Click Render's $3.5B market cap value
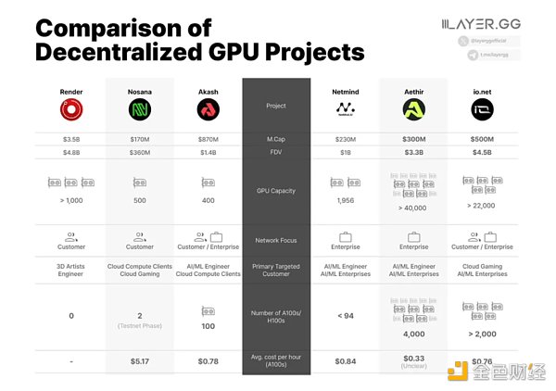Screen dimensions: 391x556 tap(70, 139)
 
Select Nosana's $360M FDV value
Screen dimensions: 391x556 tap(140, 152)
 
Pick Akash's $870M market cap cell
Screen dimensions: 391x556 tap(208, 139)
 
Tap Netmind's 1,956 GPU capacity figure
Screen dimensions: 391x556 tap(345, 201)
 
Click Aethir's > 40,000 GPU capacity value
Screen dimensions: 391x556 tap(413, 209)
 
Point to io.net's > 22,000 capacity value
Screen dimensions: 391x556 tap(483, 205)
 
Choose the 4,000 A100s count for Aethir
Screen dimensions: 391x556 tap(413, 334)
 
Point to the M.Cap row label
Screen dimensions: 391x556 tap(276, 139)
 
